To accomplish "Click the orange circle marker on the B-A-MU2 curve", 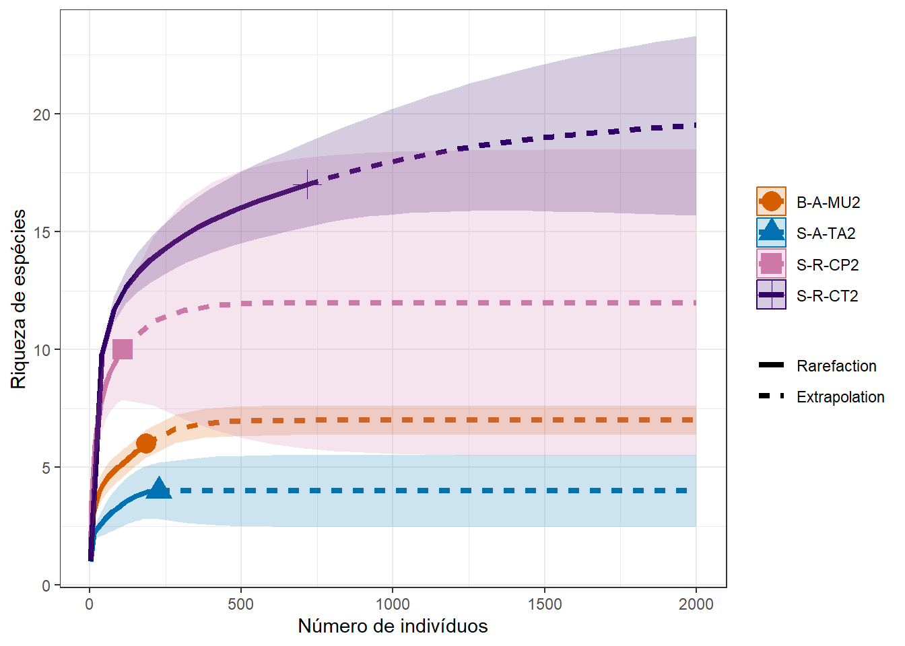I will coord(145,443).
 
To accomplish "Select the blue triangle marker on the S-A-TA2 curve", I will coord(159,489).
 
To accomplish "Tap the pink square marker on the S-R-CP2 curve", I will coord(123,349).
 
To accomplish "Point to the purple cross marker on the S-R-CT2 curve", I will coord(308,184).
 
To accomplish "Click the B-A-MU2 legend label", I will coord(828,203).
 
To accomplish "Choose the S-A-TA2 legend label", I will coord(826,234).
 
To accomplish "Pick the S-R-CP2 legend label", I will coord(828,265).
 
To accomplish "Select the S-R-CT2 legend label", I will coord(827,296).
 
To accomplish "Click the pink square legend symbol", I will coord(771,264).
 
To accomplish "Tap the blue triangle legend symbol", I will coord(771,233).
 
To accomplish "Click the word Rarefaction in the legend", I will coord(836,366).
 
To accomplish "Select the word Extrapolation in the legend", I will coord(840,397).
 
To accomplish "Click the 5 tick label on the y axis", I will coord(46,468).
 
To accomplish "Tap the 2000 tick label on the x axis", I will coord(696,604).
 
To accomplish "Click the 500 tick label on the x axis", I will coord(240,604).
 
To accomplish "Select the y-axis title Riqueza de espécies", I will coord(19,299).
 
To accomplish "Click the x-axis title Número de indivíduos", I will coord(393,626).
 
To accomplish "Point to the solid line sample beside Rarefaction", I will coord(771,365).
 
